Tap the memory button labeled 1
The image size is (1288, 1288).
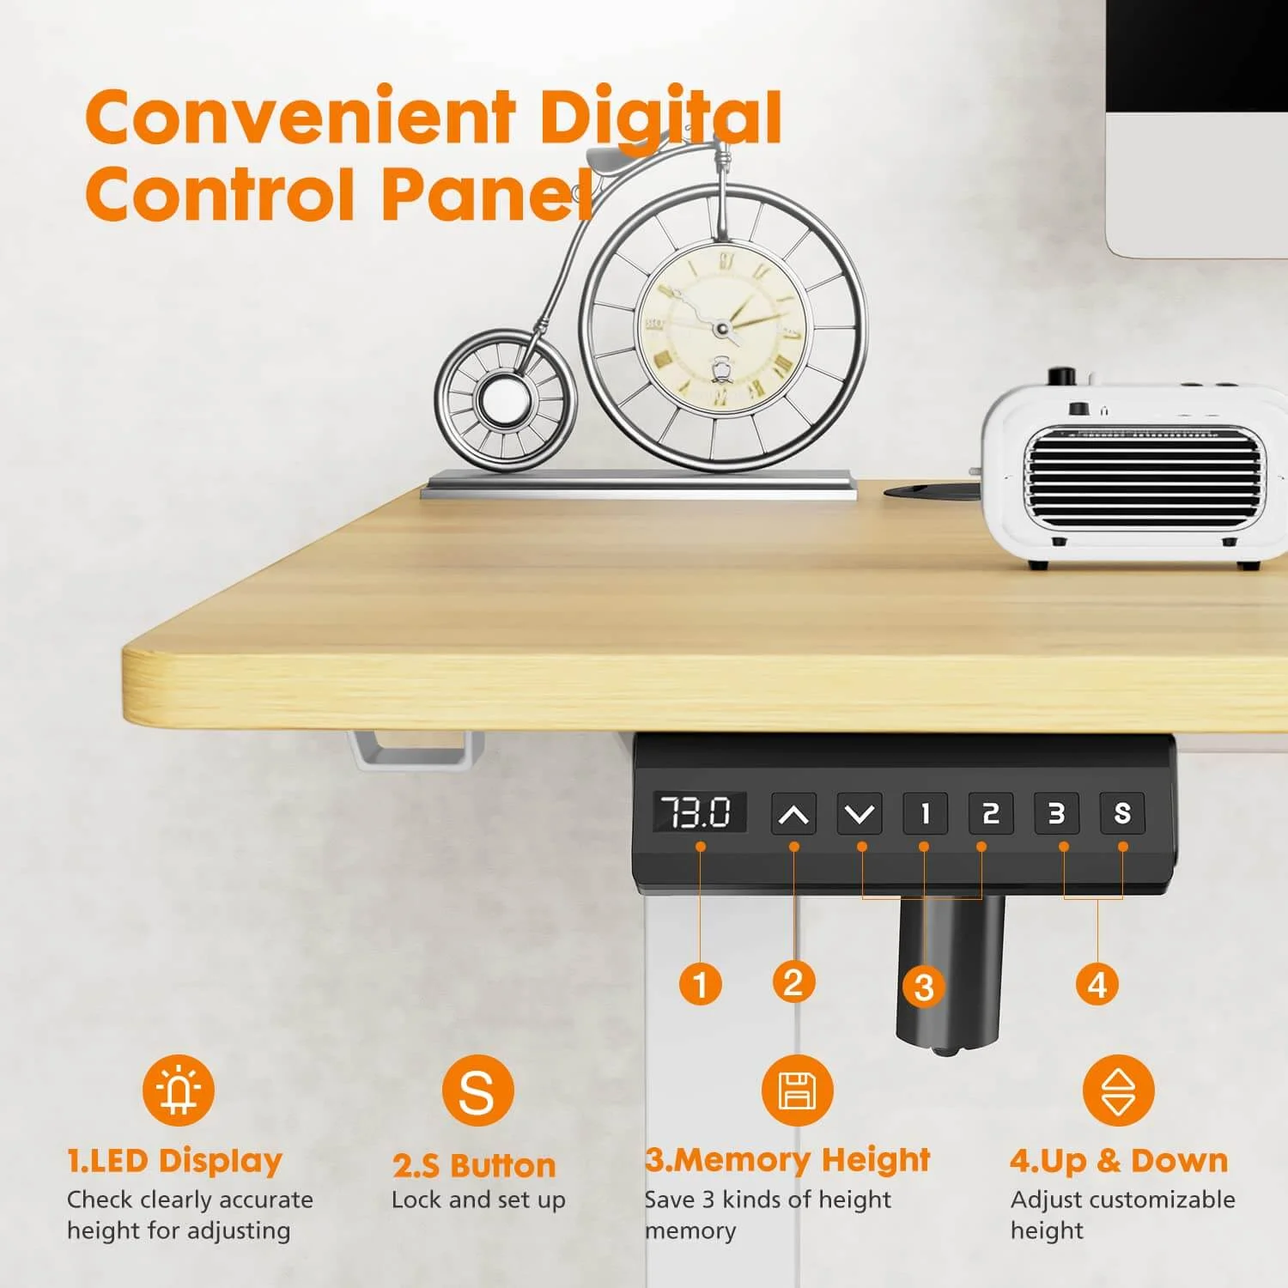click(925, 813)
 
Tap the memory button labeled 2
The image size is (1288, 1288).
click(991, 813)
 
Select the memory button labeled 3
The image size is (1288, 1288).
click(1056, 813)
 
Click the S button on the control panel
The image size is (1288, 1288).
click(1122, 813)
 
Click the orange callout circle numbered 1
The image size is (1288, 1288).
click(701, 984)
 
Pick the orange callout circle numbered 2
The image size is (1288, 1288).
click(793, 982)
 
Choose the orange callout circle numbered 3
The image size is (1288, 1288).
click(924, 987)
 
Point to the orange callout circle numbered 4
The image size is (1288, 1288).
click(1097, 984)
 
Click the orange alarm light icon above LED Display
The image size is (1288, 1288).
click(179, 1091)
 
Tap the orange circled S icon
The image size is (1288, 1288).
click(477, 1091)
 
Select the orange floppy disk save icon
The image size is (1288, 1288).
click(797, 1091)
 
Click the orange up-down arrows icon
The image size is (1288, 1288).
click(1118, 1091)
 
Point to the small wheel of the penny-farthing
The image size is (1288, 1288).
click(505, 400)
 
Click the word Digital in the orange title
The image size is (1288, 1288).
click(659, 118)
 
